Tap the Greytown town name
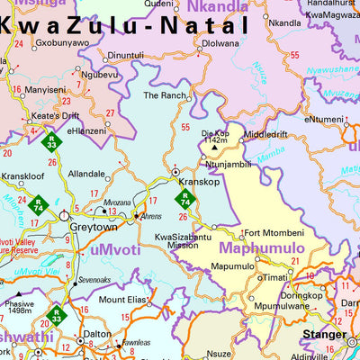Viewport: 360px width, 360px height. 87,228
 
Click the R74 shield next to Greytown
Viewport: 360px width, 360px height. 63,205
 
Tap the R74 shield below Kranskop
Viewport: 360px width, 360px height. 184,199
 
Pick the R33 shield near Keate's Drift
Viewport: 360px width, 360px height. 53,143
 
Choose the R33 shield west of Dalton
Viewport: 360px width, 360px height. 56,316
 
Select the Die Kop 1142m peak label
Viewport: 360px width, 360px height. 215,135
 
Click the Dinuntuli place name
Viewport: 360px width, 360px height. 125,55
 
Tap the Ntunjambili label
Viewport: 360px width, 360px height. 229,165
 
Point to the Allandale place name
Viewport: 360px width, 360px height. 87,174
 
